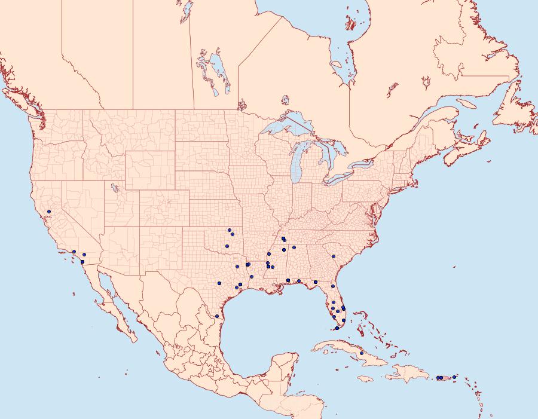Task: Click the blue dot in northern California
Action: [49, 212]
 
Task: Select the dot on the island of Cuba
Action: [362, 353]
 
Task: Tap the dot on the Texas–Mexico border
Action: [216, 316]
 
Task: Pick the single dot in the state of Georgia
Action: [334, 256]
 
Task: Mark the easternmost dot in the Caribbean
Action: [454, 377]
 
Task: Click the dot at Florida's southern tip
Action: [337, 328]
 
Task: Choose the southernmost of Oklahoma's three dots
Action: [227, 245]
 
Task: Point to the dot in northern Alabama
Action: [294, 247]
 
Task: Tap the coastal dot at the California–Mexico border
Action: [82, 262]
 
